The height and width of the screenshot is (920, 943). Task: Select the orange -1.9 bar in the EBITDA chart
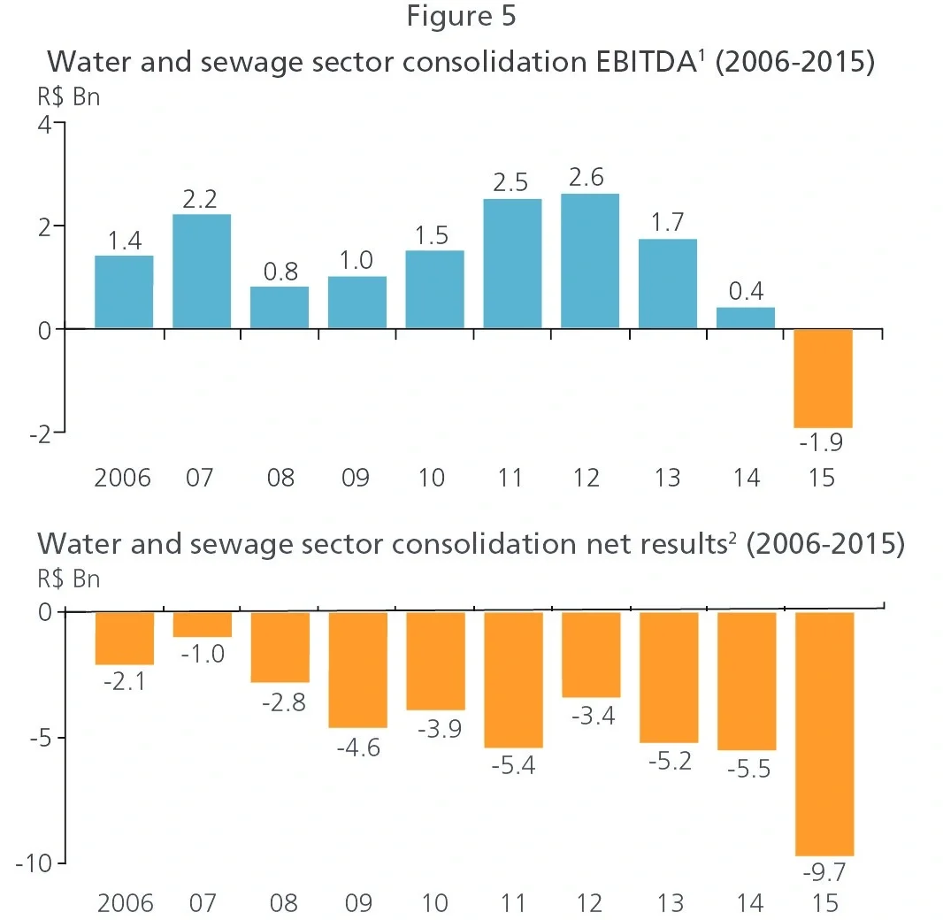point(823,378)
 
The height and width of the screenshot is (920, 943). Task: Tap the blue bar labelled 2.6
point(589,261)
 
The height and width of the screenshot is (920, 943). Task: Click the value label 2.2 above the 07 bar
point(200,199)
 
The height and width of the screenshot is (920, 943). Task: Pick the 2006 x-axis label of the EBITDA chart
point(123,479)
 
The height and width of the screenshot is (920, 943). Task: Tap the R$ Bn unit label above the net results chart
point(68,580)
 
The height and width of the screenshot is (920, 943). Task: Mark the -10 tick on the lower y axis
point(36,862)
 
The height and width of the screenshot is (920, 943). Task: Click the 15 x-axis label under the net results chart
point(824,903)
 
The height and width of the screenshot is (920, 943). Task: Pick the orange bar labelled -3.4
point(591,654)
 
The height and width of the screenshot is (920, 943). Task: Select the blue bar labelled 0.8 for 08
point(280,307)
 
